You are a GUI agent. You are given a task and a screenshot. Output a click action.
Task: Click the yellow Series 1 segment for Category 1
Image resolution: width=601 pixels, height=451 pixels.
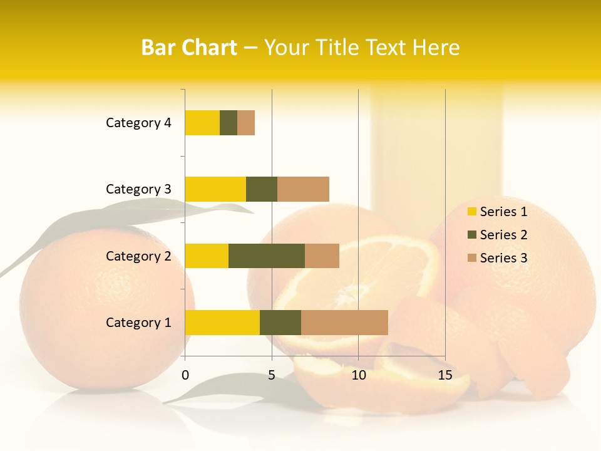pos(222,322)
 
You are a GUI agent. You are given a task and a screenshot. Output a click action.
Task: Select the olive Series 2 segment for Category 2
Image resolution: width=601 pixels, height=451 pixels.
pos(267,256)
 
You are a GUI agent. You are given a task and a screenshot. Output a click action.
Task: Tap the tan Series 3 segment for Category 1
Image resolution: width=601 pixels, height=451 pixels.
pos(344,322)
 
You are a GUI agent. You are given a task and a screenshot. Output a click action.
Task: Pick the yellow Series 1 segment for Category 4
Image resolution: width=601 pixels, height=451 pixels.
pos(202,123)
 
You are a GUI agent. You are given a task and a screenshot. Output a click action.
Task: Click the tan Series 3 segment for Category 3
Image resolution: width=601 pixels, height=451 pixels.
pos(303,189)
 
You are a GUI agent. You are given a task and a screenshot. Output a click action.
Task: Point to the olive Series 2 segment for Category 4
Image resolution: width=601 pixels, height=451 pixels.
pos(229,123)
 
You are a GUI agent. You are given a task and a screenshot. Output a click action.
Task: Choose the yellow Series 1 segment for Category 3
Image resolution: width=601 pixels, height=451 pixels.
pos(215,189)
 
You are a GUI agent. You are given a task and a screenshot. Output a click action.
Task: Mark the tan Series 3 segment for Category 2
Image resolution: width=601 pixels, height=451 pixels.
pos(322,256)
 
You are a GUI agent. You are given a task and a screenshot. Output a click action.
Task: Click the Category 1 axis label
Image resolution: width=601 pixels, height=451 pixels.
pos(138,323)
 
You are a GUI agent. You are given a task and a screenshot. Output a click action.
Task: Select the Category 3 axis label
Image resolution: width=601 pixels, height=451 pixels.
pos(138,189)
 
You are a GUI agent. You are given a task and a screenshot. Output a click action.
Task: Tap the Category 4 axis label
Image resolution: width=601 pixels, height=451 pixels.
pos(138,123)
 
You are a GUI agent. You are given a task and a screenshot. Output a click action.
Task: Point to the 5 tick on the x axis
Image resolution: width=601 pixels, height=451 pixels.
pos(272,375)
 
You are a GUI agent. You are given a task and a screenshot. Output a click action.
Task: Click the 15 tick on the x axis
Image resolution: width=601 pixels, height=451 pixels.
pos(445,375)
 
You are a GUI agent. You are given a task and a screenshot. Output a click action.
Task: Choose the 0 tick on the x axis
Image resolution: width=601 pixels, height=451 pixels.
pos(185,375)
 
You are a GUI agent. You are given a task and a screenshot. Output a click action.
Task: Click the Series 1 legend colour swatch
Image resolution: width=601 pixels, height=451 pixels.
pos(471,212)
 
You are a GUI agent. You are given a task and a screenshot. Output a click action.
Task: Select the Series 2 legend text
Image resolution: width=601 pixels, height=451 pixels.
pos(503,235)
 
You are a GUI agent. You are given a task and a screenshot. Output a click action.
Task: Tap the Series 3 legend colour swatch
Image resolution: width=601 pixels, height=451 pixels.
pos(471,258)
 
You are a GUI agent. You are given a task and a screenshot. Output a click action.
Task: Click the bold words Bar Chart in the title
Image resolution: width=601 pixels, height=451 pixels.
pos(189,48)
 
